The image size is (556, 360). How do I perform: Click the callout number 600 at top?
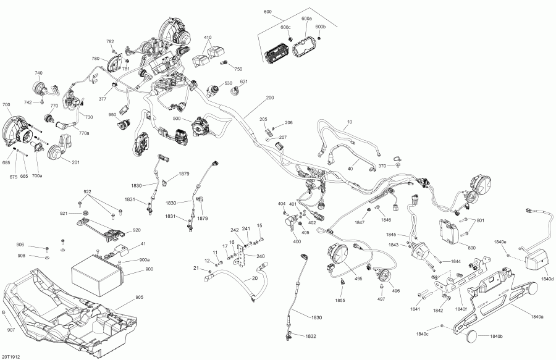(267, 12)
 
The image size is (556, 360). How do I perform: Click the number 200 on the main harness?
(269, 98)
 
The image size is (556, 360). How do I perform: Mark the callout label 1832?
(310, 336)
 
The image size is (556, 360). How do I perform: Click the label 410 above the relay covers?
(208, 38)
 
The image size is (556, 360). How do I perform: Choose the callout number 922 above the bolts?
(88, 191)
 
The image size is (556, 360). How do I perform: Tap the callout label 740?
(38, 73)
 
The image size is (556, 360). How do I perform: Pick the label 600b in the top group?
(320, 27)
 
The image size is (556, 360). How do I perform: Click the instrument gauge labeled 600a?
(305, 47)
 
